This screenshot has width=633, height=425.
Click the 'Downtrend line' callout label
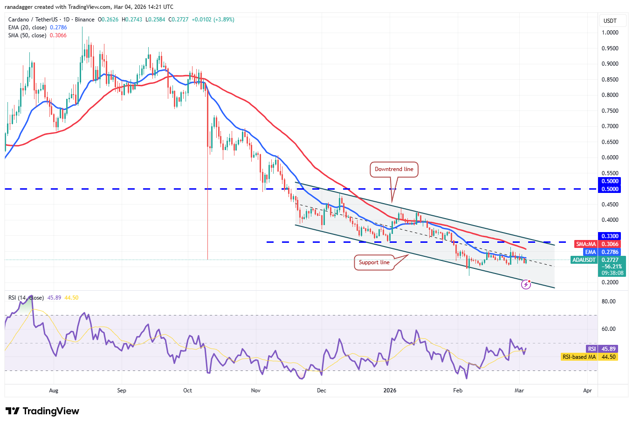(x=394, y=169)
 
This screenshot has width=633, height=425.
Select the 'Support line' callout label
(x=374, y=262)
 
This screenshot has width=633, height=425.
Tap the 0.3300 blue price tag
(x=610, y=236)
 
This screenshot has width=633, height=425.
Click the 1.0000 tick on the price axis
(x=610, y=33)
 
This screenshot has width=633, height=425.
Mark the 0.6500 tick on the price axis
(x=610, y=142)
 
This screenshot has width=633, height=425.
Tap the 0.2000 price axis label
(x=610, y=282)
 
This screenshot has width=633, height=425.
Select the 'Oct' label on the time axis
(x=187, y=391)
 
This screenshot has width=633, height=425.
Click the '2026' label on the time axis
(x=390, y=391)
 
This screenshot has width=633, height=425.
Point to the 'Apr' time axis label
(x=587, y=391)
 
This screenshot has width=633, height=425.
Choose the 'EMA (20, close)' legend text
(x=28, y=27)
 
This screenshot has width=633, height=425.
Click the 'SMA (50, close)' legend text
(x=28, y=35)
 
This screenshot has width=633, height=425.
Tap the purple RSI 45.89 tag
(x=602, y=349)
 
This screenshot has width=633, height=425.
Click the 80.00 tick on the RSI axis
(x=608, y=302)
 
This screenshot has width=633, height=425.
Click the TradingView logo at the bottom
(x=42, y=411)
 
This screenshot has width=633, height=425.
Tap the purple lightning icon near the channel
(x=526, y=284)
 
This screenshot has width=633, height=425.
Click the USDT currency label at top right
(x=610, y=21)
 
